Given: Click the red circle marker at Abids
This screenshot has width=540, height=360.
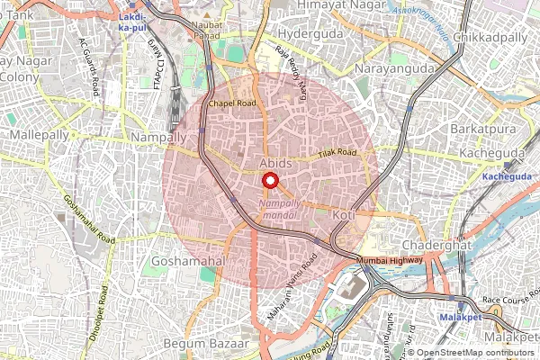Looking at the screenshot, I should click(x=269, y=180).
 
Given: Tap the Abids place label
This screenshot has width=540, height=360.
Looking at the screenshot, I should click(x=275, y=163).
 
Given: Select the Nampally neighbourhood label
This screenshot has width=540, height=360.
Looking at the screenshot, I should click(x=158, y=136).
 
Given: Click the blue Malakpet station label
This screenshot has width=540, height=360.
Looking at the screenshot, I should click(x=463, y=319).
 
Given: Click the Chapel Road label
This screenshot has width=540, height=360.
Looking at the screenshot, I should click(x=232, y=103).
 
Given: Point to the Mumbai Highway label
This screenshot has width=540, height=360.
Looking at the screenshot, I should click(x=390, y=260).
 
